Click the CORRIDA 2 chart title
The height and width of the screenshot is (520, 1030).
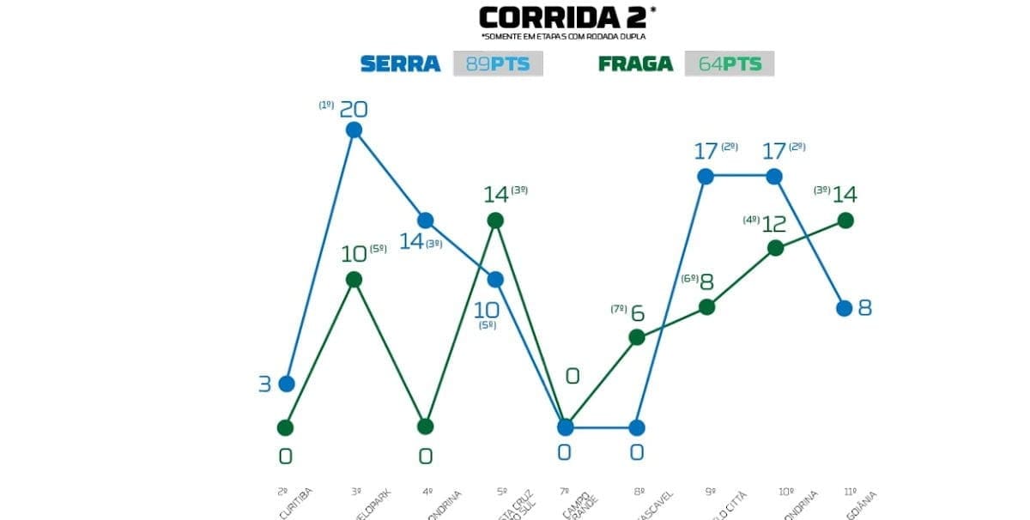click(563, 17)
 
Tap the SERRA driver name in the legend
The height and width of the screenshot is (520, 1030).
click(400, 63)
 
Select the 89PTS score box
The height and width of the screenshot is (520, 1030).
click(498, 63)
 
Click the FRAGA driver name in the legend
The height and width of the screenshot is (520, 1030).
click(635, 63)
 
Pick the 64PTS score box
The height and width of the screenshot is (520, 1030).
click(730, 63)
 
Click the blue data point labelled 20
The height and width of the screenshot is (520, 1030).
click(354, 130)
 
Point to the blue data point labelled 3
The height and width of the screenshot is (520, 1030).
click(287, 384)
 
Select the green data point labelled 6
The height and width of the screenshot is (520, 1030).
click(637, 337)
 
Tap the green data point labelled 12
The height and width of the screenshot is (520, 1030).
click(775, 248)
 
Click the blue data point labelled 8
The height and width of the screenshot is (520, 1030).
click(845, 307)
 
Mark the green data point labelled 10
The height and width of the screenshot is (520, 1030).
click(354, 279)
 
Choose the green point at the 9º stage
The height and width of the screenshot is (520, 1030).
click(706, 306)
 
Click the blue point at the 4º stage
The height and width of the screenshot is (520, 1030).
click(425, 221)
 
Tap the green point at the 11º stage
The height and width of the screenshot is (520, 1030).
click(845, 221)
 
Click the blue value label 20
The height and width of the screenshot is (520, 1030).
click(354, 109)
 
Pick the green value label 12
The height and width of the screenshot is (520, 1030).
click(773, 225)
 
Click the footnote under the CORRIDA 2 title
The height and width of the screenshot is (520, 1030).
click(563, 37)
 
